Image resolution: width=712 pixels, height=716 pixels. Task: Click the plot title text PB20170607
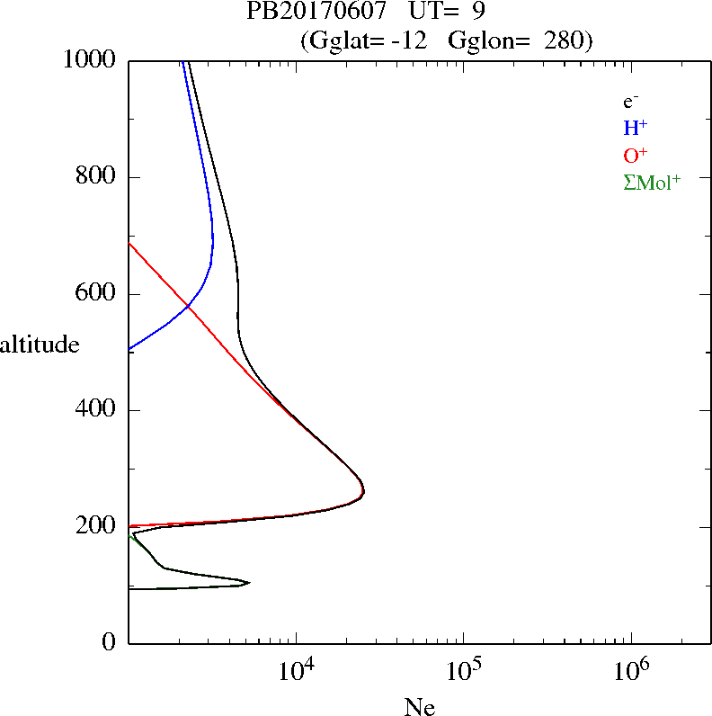[302, 13]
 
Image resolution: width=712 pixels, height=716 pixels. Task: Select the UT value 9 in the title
[480, 13]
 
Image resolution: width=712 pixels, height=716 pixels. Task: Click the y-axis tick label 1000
[90, 60]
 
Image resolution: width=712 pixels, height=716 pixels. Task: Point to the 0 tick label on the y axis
[109, 643]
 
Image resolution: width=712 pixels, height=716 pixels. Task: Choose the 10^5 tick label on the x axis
[464, 670]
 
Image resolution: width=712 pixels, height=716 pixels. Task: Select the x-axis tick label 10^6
[631, 670]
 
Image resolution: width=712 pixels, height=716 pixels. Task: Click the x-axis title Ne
[420, 707]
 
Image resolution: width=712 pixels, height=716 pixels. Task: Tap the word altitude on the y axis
[40, 345]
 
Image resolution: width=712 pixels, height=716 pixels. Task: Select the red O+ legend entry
[635, 155]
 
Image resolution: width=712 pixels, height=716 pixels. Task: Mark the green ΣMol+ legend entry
[652, 183]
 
